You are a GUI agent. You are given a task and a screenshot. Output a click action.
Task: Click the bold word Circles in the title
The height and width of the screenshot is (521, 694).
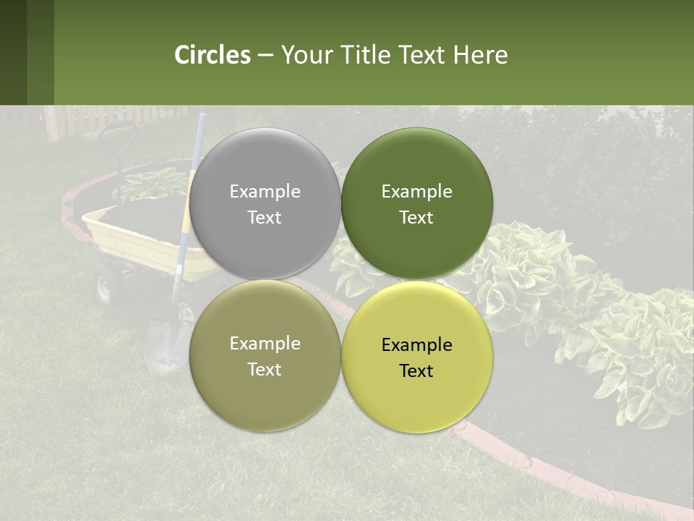coord(213,55)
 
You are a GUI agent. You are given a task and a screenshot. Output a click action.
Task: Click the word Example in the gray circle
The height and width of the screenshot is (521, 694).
coord(265,192)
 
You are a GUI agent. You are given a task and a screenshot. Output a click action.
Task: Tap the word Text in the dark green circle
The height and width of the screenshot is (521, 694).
coord(416,218)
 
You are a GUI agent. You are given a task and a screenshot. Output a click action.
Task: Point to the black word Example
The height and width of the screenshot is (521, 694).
coord(416,345)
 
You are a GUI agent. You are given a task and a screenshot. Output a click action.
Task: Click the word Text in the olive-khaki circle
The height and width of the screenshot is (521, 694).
coord(265,370)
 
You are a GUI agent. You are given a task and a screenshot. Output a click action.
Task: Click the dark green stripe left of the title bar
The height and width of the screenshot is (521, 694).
coord(13,52)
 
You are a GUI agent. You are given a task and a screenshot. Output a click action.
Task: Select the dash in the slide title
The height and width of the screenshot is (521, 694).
coord(265,56)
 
